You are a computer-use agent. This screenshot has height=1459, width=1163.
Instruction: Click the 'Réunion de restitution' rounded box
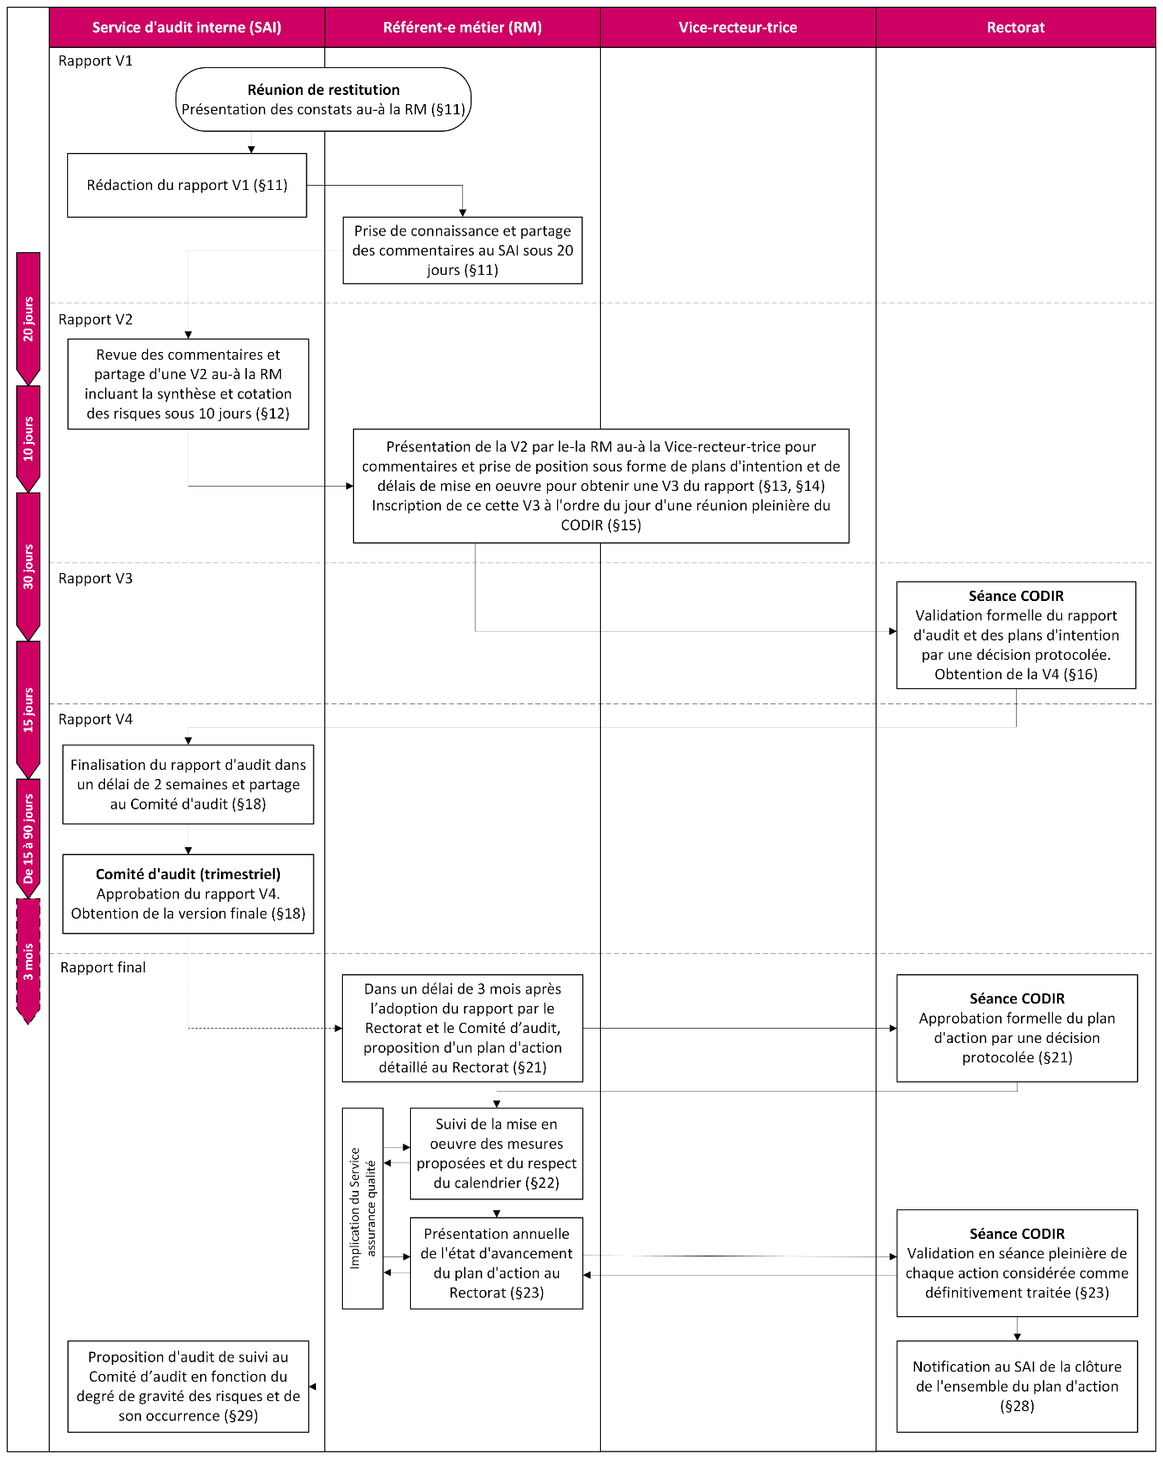(324, 99)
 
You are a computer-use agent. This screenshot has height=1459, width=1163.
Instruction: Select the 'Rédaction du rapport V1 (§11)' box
(187, 185)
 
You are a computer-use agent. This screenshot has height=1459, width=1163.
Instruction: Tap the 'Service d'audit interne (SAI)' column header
(187, 27)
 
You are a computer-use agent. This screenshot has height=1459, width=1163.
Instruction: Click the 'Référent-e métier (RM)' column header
(462, 27)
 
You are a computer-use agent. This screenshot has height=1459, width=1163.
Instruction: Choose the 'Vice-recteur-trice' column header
(738, 27)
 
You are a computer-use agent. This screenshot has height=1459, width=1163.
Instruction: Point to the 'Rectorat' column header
(1015, 27)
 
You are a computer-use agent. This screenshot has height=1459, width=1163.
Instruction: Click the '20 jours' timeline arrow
(29, 318)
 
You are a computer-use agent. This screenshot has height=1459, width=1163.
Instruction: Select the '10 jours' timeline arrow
(29, 438)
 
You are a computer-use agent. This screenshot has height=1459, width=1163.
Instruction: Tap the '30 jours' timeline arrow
(29, 566)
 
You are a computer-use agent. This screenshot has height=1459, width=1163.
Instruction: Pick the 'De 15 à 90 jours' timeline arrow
(29, 837)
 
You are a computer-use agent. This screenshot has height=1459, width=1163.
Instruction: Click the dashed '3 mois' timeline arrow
(29, 961)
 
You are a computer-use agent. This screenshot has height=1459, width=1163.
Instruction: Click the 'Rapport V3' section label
(96, 578)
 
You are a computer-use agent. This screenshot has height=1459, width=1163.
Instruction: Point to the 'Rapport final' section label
(103, 967)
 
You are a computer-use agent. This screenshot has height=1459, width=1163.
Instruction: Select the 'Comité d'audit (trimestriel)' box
(188, 893)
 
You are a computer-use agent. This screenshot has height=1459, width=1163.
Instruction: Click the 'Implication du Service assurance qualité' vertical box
(362, 1208)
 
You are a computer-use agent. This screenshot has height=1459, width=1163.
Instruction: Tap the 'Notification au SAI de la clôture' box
(1017, 1386)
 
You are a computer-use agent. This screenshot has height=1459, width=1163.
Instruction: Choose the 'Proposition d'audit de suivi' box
(188, 1386)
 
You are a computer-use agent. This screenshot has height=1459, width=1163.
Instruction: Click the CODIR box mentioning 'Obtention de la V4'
(1016, 635)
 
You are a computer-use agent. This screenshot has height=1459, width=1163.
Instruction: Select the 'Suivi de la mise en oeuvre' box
(496, 1153)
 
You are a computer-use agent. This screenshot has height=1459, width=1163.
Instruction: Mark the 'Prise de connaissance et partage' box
(462, 250)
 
